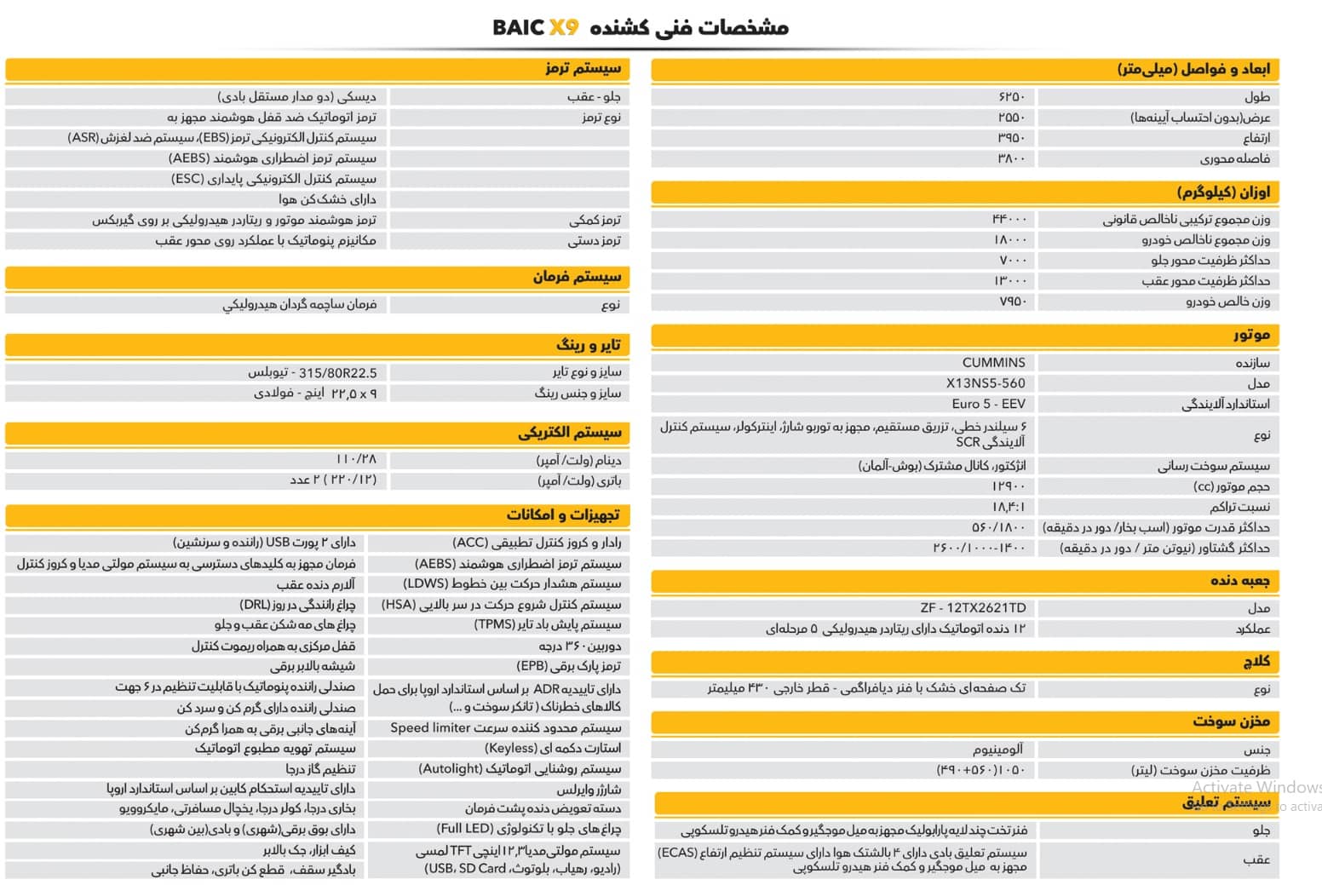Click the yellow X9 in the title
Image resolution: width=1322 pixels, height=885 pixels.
[x=563, y=27]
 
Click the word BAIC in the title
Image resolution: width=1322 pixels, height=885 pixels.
[x=518, y=27]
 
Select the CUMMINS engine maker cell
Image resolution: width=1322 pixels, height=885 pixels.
[x=993, y=363]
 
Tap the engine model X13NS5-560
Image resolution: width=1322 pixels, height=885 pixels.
[x=986, y=383]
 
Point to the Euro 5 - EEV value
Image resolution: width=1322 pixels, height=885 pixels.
[x=988, y=404]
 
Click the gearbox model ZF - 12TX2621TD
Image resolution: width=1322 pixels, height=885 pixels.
[x=973, y=608]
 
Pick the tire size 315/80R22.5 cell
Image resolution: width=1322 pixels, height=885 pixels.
[x=312, y=373]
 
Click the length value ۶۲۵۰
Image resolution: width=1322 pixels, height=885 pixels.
[x=1012, y=97]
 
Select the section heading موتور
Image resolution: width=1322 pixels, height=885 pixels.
[x=1251, y=336]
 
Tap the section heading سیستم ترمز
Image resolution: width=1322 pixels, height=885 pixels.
[x=583, y=68]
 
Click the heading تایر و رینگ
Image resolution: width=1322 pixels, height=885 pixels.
[x=589, y=345]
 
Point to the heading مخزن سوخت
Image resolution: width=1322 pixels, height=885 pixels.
[x=1231, y=721]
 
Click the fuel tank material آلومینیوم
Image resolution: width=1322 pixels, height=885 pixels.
[x=997, y=750]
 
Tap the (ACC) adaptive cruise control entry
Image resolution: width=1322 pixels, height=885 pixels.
[x=536, y=543]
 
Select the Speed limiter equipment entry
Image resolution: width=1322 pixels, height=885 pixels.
[x=505, y=728]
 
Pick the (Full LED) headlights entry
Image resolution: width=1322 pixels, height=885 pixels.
[x=528, y=829]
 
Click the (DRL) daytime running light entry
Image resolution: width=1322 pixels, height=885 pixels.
[x=297, y=605]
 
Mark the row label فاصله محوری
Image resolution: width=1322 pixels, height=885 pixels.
[x=1234, y=158]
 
